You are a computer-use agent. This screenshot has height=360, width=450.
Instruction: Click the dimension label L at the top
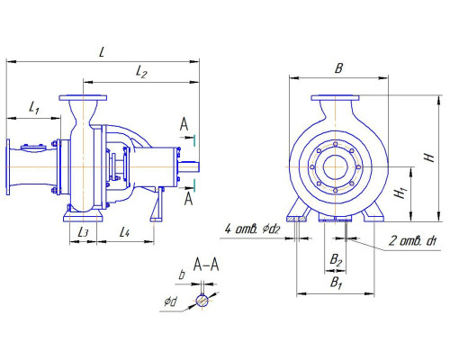click(103, 52)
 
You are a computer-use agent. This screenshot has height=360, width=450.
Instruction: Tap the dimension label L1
click(33, 109)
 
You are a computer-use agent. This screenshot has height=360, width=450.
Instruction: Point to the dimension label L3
click(83, 231)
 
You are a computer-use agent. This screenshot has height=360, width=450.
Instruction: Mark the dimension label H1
click(397, 193)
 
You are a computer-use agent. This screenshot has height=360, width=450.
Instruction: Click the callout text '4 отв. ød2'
click(253, 230)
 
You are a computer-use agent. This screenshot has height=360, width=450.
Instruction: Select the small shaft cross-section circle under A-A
click(204, 300)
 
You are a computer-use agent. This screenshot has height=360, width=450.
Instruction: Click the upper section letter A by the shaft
click(184, 122)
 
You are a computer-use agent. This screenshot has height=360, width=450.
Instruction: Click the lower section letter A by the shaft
click(189, 199)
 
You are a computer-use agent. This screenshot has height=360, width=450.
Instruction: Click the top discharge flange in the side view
click(85, 96)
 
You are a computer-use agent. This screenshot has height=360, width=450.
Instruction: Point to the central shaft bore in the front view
click(335, 167)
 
